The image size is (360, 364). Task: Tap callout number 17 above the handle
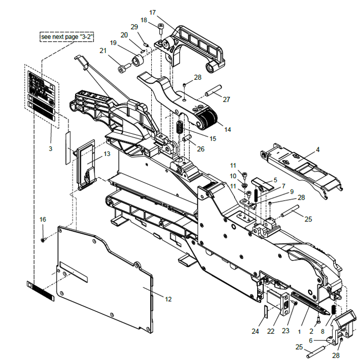click(x=153, y=12)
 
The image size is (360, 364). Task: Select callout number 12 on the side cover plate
click(x=168, y=299)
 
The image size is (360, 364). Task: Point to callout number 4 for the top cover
click(x=317, y=150)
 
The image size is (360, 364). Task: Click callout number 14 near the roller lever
click(x=228, y=130)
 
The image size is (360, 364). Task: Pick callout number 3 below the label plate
click(x=50, y=148)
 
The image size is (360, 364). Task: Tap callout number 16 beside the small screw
click(x=43, y=219)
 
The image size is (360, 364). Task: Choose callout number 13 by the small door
click(x=107, y=153)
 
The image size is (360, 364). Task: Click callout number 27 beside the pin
click(x=226, y=100)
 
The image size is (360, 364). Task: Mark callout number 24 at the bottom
click(x=255, y=331)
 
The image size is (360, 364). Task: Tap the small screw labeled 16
click(x=44, y=239)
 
